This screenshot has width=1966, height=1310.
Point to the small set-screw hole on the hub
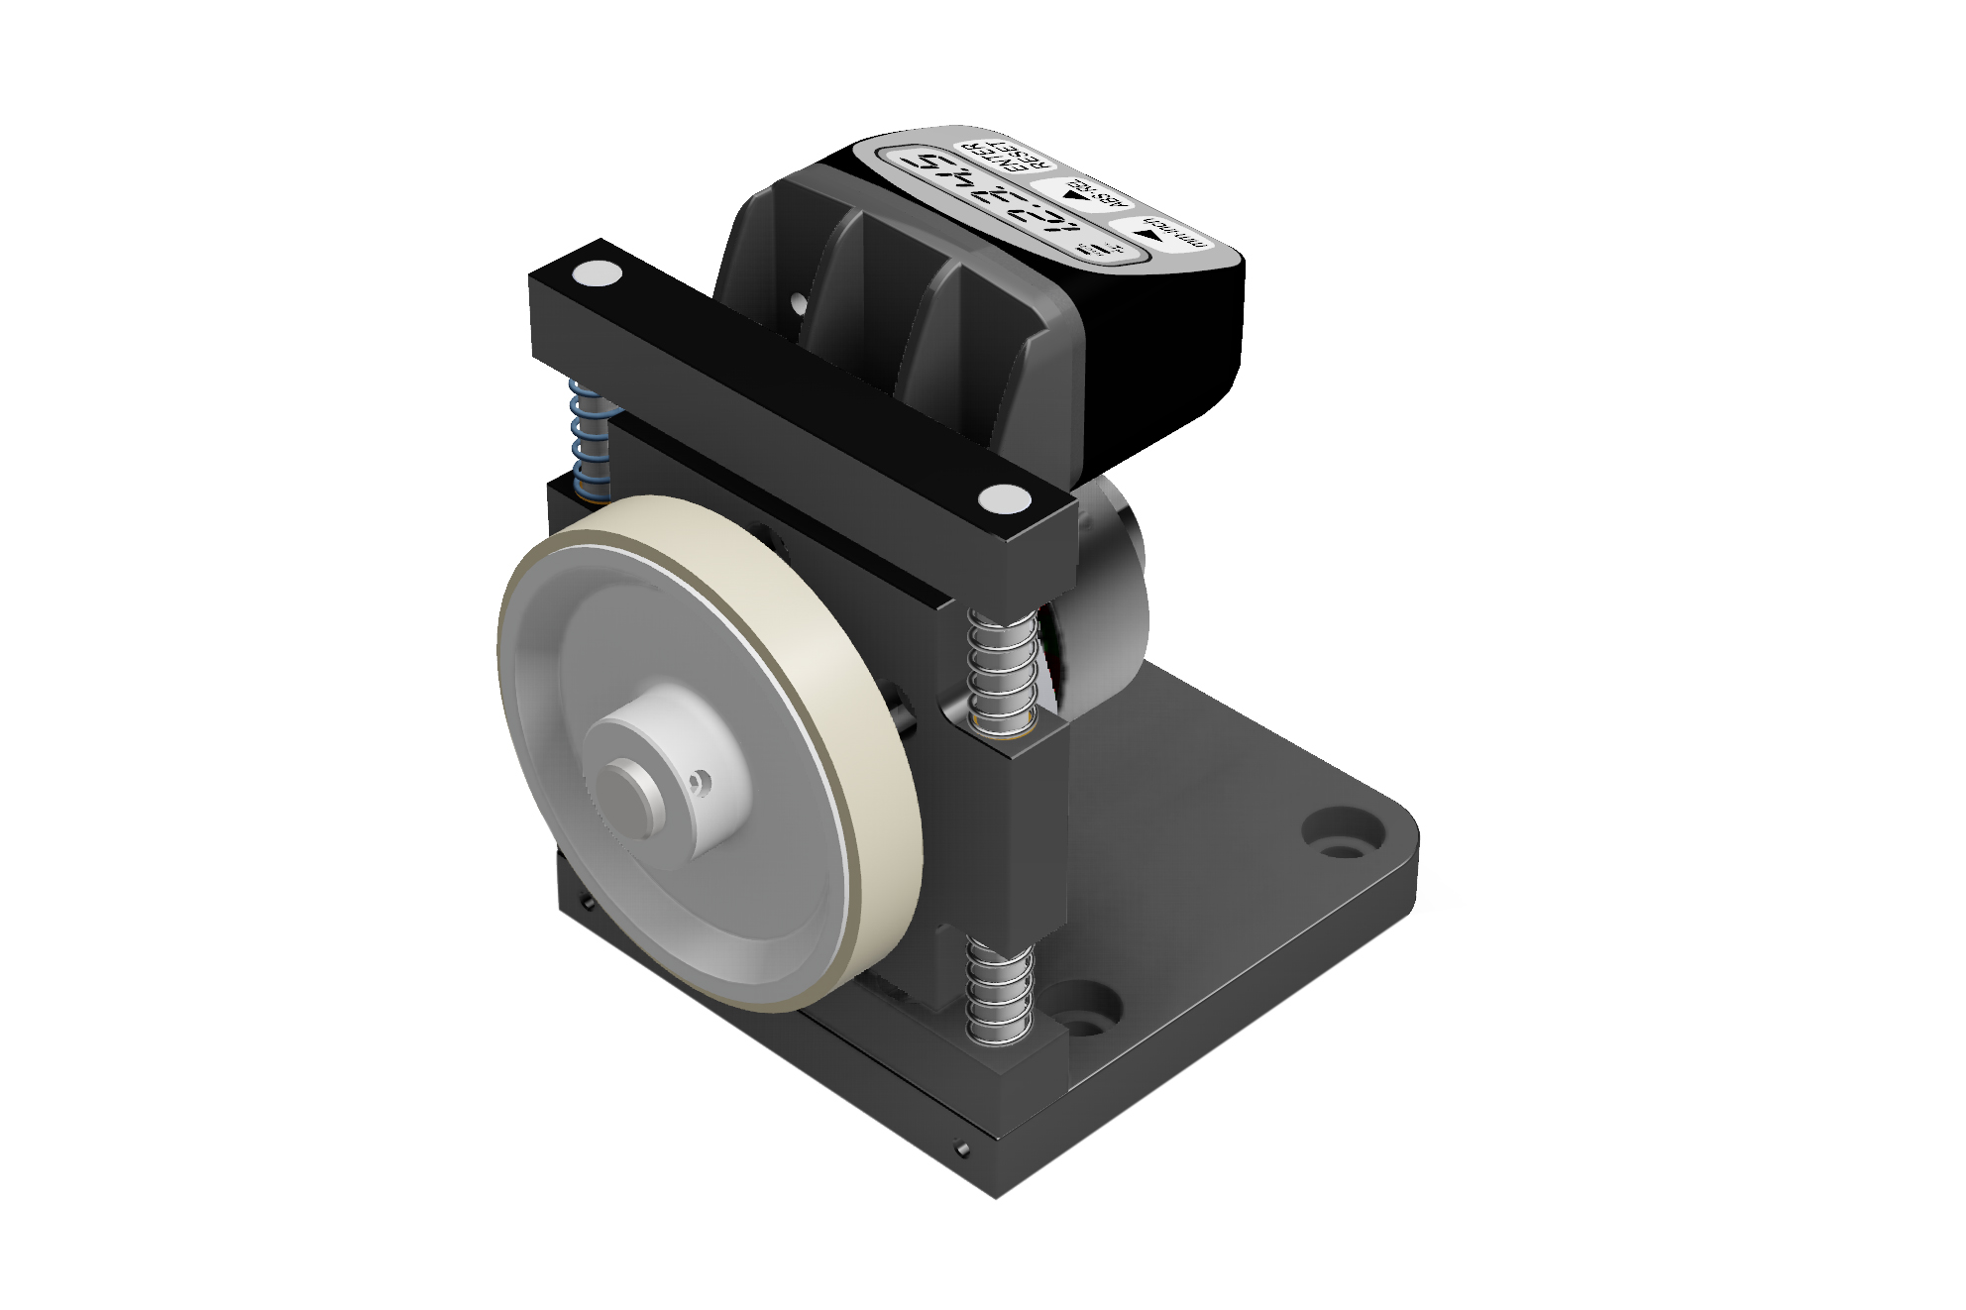(x=701, y=783)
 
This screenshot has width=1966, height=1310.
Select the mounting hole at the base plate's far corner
(x=1346, y=833)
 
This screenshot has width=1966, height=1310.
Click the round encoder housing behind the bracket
(x=1110, y=575)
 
